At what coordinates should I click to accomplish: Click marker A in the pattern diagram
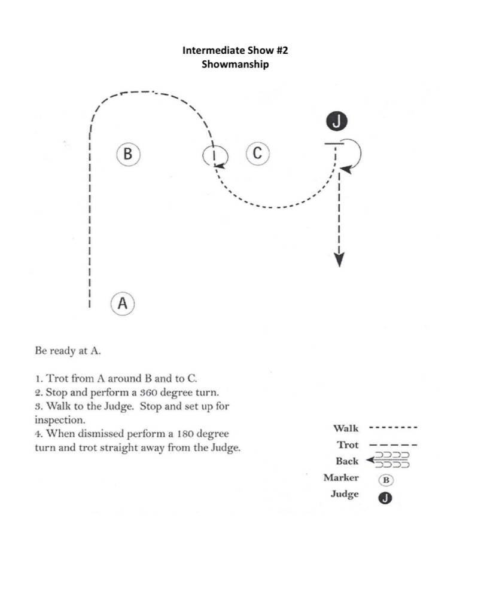123,303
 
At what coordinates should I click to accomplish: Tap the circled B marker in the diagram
127,154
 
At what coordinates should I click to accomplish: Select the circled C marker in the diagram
257,153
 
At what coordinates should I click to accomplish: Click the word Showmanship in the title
235,64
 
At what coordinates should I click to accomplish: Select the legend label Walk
346,428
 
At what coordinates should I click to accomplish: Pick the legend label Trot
348,445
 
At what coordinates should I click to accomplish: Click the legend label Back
347,461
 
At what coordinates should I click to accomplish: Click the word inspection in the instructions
60,419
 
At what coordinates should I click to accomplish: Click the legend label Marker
341,477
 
